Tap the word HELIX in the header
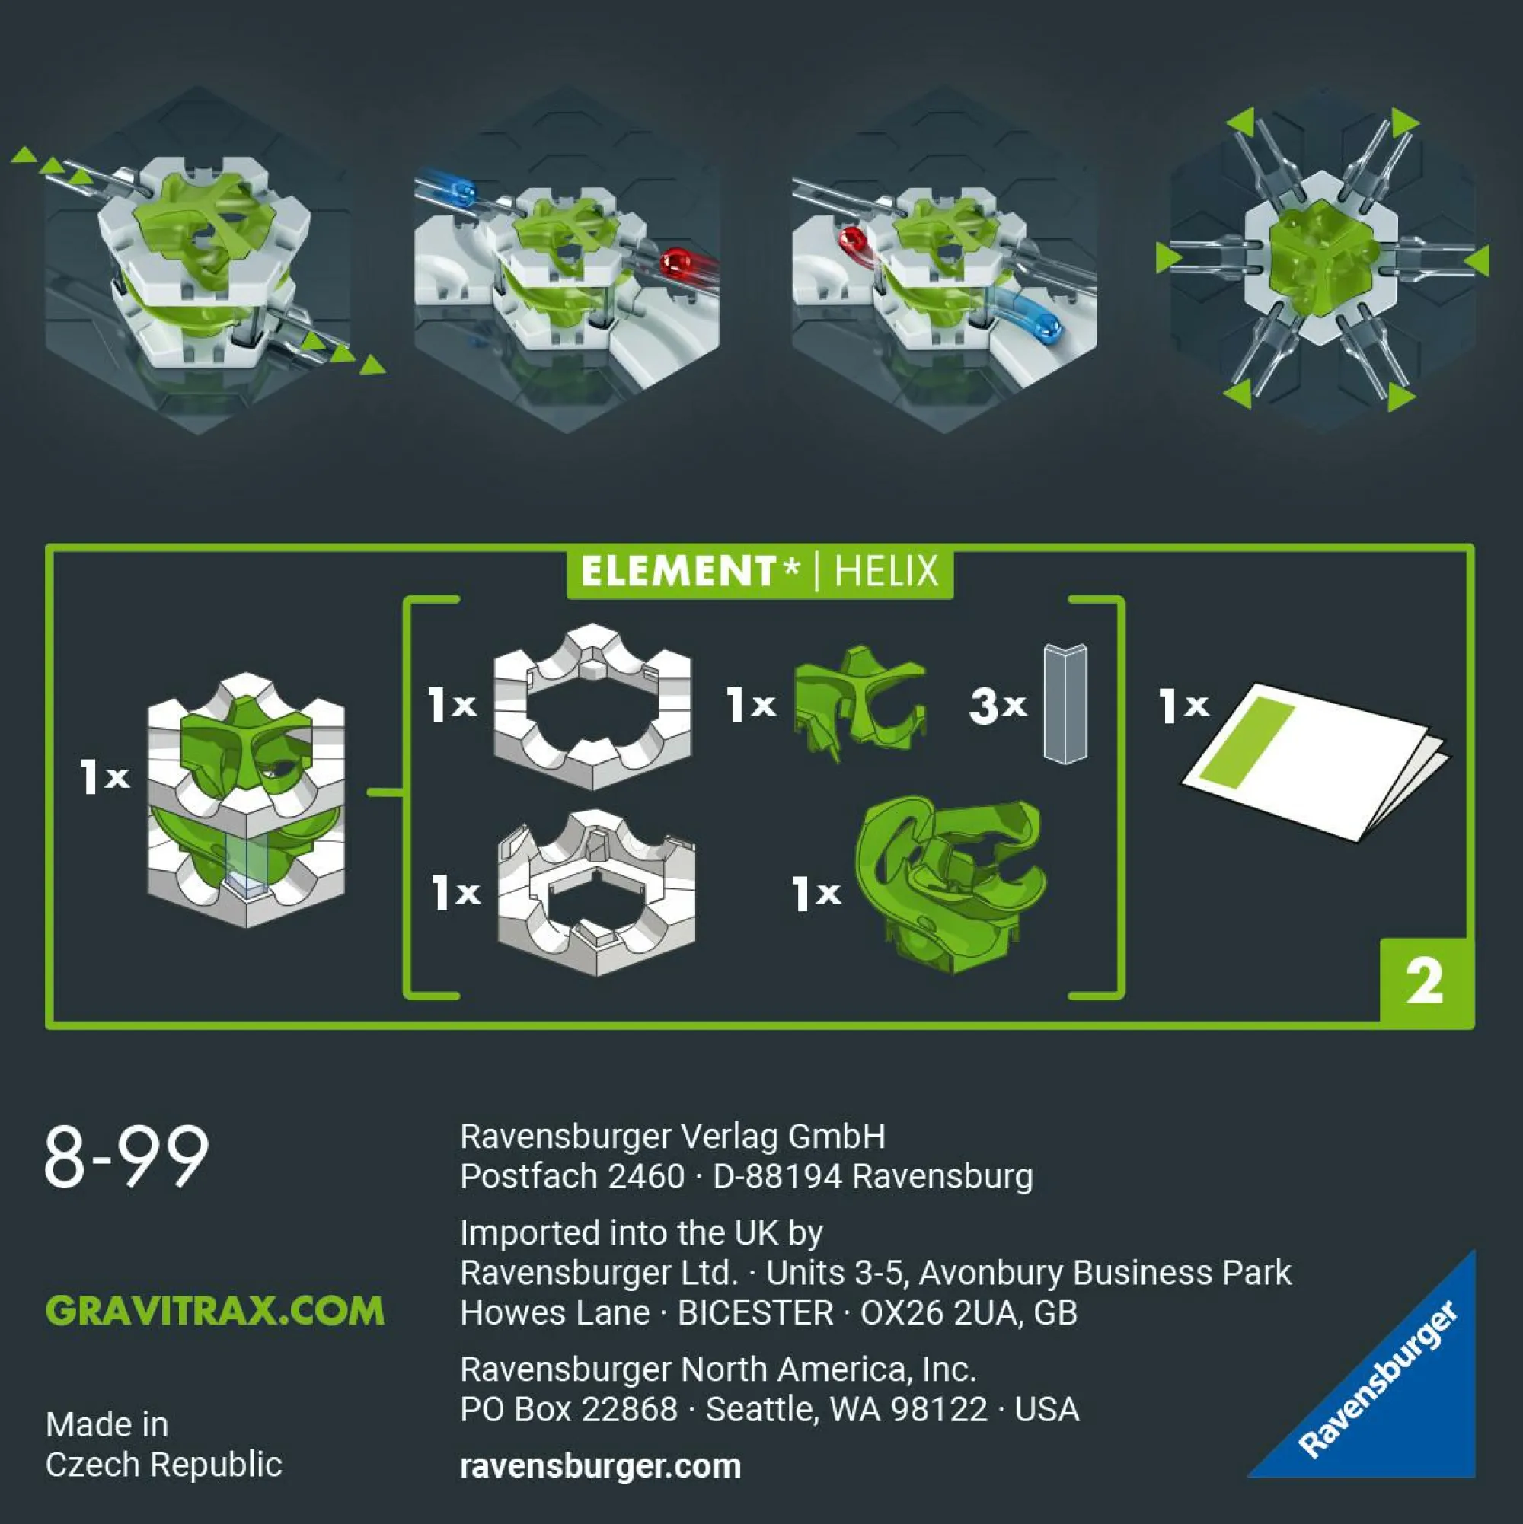click(886, 571)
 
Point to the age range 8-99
click(127, 1156)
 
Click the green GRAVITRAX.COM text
click(215, 1310)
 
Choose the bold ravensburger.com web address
click(601, 1465)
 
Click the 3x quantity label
click(998, 704)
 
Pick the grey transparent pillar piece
click(1065, 703)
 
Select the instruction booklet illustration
click(1314, 760)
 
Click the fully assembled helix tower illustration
click(246, 800)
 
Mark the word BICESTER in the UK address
click(755, 1313)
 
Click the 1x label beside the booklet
click(1183, 704)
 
